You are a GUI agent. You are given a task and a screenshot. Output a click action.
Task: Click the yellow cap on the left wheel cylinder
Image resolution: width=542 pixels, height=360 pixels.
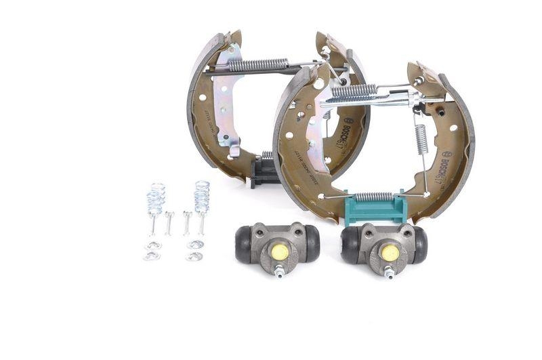pos(280,251)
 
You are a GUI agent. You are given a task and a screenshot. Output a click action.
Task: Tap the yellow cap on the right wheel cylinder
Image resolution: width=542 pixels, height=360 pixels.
pos(390,252)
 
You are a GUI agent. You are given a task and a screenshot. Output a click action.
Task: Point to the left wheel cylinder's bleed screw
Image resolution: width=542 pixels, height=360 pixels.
pos(279,273)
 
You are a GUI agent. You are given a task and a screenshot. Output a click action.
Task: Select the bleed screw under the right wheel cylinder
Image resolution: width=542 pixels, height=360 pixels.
pos(390,273)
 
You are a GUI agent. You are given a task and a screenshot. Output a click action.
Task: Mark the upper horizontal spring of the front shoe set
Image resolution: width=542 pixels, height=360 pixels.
pos(354,89)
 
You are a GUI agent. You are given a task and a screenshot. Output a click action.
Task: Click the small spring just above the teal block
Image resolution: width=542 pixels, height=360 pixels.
pos(374,197)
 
